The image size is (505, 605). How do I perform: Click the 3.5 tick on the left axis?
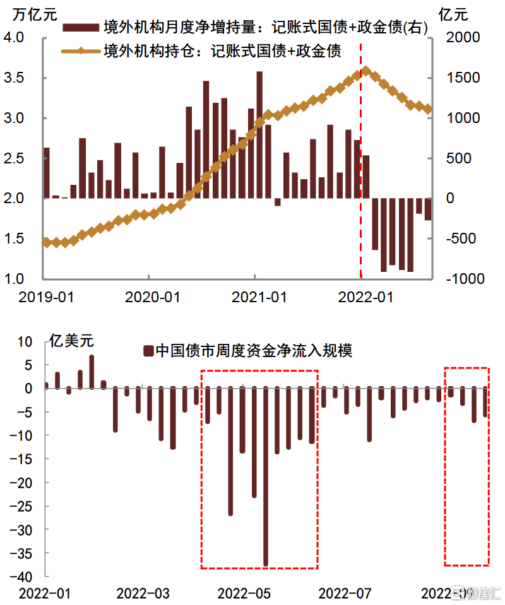(23, 78)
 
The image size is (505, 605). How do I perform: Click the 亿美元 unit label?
(71, 342)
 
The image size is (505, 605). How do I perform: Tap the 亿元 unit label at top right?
(453, 14)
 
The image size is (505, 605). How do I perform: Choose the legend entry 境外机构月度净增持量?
(246, 28)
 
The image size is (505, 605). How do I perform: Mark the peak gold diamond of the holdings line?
(365, 71)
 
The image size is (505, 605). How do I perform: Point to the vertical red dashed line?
(360, 158)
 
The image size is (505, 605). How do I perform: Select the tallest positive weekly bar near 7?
(92, 372)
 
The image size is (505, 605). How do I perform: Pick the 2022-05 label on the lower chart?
(244, 594)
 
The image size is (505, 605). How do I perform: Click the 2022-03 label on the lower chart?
(143, 594)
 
